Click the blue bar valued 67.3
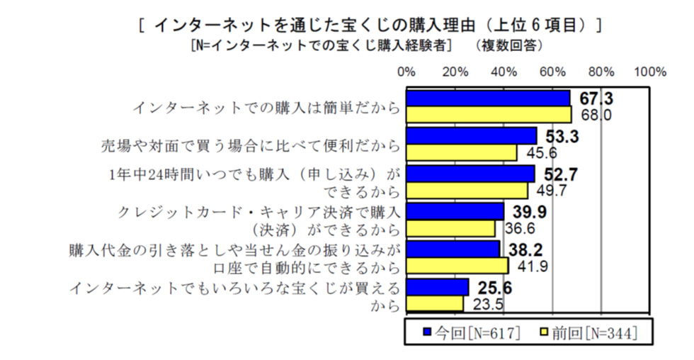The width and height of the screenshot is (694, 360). (488, 98)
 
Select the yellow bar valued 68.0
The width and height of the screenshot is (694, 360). (489, 114)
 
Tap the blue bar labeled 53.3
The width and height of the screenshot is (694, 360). (471, 135)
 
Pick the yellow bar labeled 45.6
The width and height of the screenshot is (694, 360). (462, 152)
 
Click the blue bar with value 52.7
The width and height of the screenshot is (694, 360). (470, 174)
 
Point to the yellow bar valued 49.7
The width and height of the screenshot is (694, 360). (467, 191)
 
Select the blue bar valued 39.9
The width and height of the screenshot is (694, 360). (455, 211)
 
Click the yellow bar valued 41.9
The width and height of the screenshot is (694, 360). (457, 266)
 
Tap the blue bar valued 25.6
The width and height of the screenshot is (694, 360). (437, 286)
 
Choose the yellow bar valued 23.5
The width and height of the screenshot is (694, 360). (435, 303)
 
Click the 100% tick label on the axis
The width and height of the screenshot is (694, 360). (650, 72)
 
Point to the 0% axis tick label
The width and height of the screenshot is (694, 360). (406, 72)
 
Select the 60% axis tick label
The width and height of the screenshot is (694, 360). (552, 72)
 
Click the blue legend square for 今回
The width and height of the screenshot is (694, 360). (426, 332)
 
